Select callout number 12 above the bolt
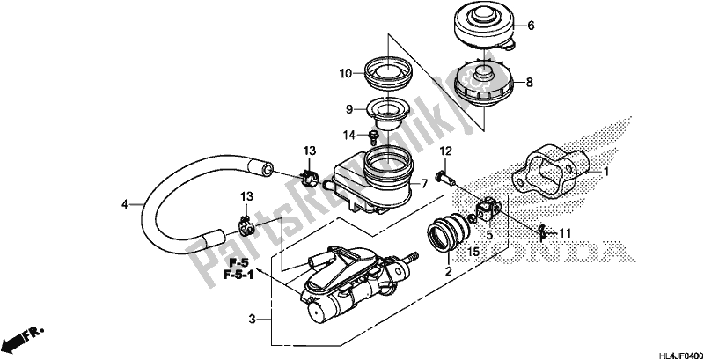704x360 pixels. click(x=445, y=152)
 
